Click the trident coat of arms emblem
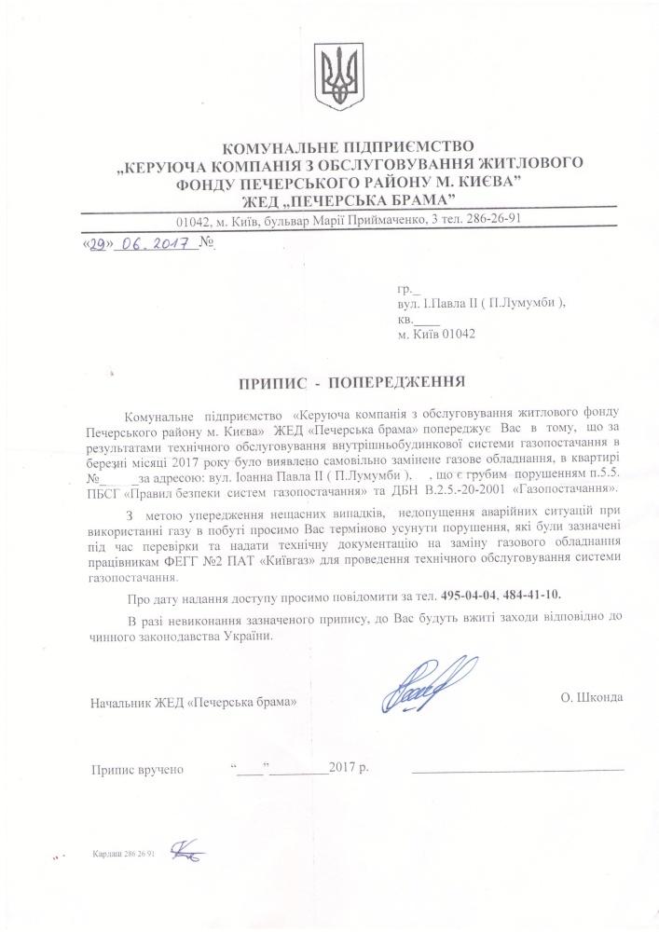click(x=332, y=79)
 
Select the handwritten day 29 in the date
click(x=102, y=245)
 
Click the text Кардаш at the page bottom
click(x=104, y=853)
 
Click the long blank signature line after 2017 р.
click(x=517, y=772)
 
